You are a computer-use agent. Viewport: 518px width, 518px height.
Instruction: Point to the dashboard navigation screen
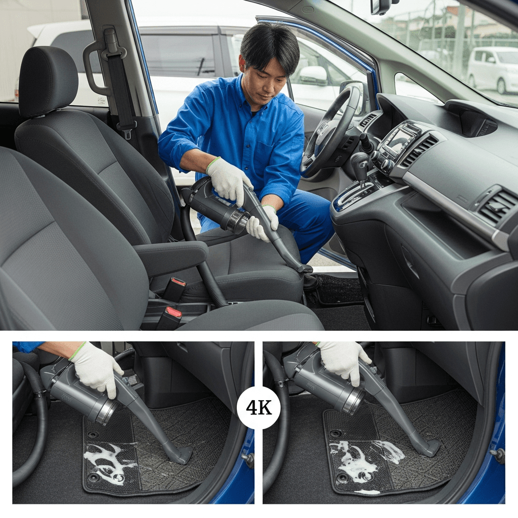point(398,141)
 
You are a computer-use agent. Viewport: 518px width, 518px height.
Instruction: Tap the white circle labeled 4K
point(258,408)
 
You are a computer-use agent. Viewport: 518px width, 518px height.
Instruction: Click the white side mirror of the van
point(313,75)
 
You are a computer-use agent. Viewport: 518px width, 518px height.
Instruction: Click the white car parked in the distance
point(492,69)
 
